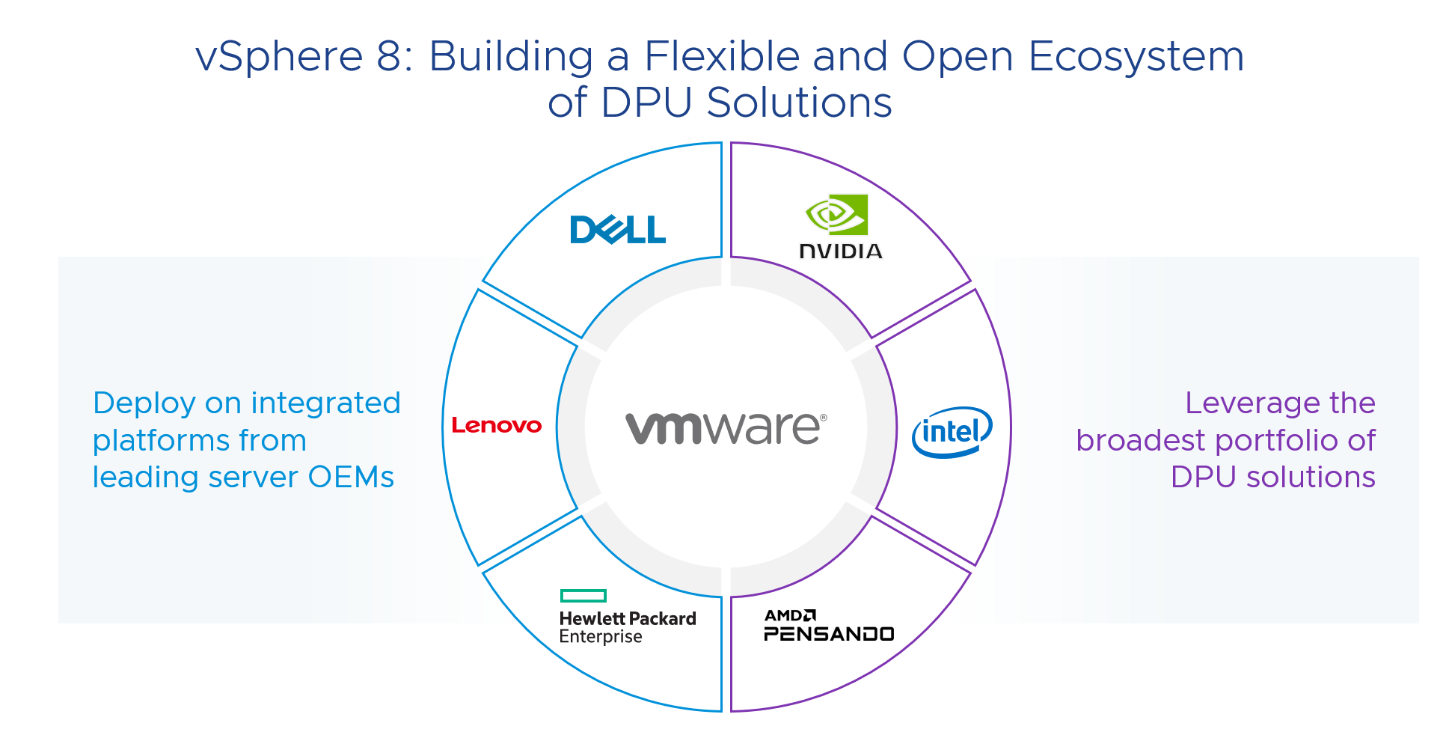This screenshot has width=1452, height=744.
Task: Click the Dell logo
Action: point(617,230)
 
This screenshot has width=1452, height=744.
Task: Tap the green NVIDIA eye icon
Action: point(836,215)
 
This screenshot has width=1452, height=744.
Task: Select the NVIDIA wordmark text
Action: point(841,251)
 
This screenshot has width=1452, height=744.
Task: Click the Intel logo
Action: point(952,432)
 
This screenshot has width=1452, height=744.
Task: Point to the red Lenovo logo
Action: point(497,426)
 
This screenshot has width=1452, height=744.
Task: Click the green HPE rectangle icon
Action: point(583,596)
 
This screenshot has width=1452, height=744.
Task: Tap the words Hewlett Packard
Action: point(627,619)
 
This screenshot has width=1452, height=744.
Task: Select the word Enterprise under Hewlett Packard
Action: point(600,637)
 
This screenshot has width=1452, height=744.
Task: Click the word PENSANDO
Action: point(829,635)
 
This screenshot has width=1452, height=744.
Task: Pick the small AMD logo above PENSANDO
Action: point(790,616)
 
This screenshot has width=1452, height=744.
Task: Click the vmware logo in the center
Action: point(726,428)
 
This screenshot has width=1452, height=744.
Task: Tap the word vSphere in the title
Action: point(279,57)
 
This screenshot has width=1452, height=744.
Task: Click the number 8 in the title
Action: point(389,57)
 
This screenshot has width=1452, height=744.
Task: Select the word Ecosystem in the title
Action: point(1136,57)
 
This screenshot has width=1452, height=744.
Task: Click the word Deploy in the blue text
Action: point(144,404)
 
